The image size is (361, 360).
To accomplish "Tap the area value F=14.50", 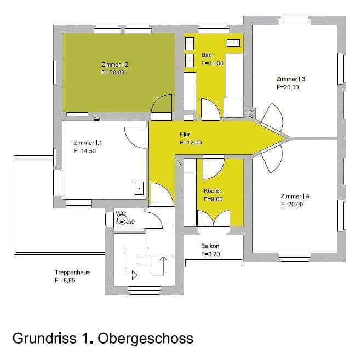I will pos(85,152).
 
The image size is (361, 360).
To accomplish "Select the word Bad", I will pos(207,55).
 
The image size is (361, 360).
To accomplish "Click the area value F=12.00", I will pos(191,142).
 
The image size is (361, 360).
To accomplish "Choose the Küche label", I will pos(212,191).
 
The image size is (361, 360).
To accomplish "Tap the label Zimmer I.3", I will pos(291,79).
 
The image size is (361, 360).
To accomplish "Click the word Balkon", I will pos(210,246).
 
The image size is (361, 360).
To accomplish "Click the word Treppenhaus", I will pos(71,272).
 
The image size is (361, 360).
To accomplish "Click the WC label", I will pos(121,214).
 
